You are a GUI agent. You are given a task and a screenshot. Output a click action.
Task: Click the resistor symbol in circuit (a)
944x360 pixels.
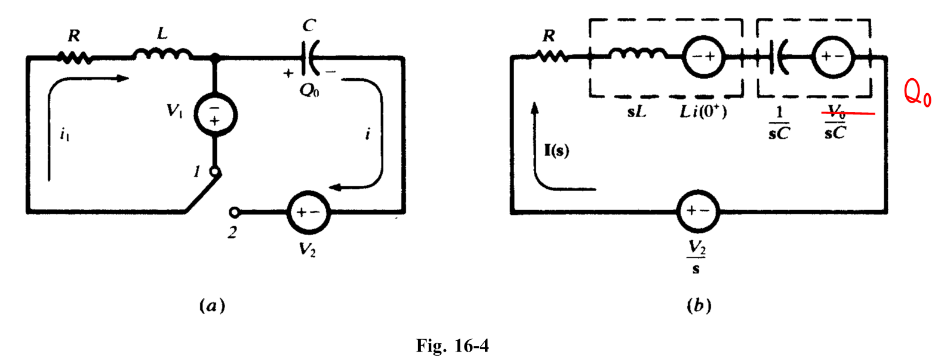click(x=74, y=57)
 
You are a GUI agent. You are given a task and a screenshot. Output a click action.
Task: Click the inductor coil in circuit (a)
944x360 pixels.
click(x=162, y=56)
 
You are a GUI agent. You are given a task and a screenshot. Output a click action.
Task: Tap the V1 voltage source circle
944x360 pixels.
click(x=215, y=115)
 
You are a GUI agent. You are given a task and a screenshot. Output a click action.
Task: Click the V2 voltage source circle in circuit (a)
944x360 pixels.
click(x=308, y=212)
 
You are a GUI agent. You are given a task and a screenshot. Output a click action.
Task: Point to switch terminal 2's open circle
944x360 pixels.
click(x=235, y=212)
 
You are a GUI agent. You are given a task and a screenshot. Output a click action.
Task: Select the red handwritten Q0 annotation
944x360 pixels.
click(x=917, y=93)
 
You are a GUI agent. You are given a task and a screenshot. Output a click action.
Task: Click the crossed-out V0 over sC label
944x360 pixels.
click(x=836, y=122)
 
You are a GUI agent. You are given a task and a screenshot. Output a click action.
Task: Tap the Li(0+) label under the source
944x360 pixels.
click(x=703, y=112)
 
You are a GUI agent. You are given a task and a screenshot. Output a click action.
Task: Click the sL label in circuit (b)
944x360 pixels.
click(x=636, y=112)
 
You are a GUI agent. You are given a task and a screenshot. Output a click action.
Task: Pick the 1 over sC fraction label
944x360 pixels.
click(x=779, y=122)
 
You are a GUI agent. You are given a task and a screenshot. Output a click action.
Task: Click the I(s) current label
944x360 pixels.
click(x=556, y=150)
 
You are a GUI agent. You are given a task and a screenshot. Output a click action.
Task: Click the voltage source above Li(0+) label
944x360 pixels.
click(x=703, y=57)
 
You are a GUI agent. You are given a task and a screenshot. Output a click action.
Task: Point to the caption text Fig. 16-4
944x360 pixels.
click(x=452, y=345)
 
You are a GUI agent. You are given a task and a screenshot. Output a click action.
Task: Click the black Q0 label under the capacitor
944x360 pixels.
click(x=309, y=90)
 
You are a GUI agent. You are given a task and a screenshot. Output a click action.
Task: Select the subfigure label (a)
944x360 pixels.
click(x=211, y=306)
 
